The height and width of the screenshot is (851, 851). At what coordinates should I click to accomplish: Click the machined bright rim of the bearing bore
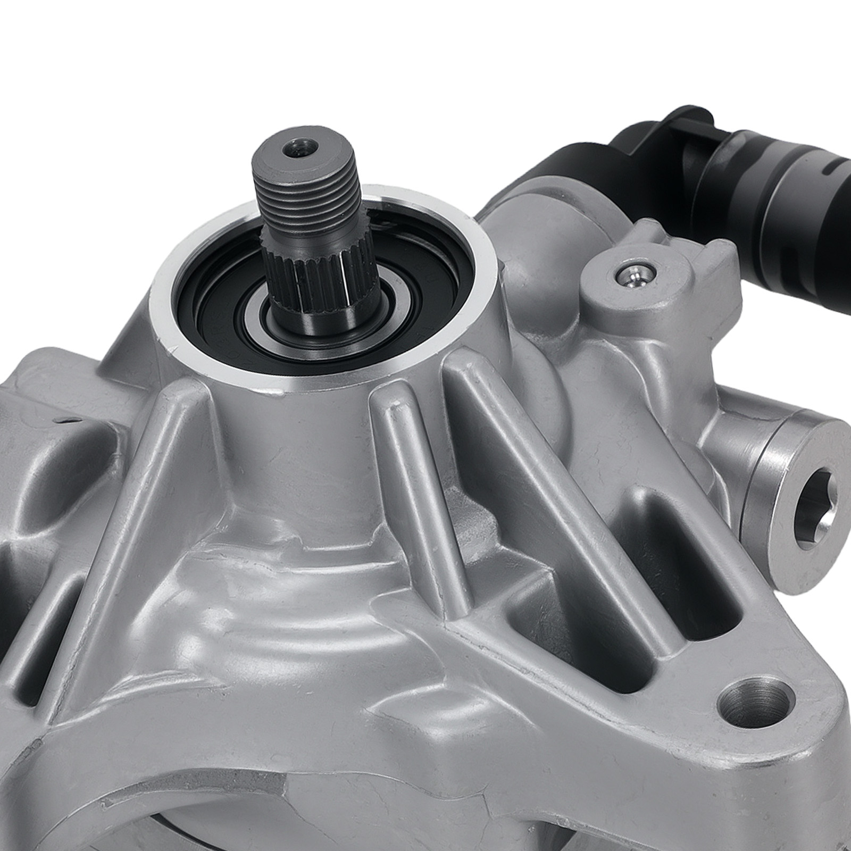click(479, 298)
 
